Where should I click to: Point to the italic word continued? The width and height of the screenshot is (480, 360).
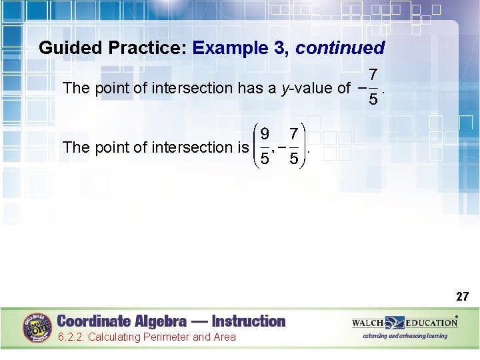(340, 48)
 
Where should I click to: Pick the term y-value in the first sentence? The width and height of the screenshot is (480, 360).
(307, 88)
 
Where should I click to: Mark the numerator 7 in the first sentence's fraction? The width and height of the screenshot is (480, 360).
(374, 74)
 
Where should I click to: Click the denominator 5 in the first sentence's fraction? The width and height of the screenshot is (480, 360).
(374, 101)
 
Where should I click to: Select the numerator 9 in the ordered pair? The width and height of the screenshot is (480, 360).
(265, 135)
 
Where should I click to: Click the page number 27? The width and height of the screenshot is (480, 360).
(462, 297)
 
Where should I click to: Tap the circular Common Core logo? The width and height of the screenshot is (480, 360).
(37, 328)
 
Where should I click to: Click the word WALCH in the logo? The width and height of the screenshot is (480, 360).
(368, 323)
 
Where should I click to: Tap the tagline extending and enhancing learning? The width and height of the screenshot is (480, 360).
(405, 336)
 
